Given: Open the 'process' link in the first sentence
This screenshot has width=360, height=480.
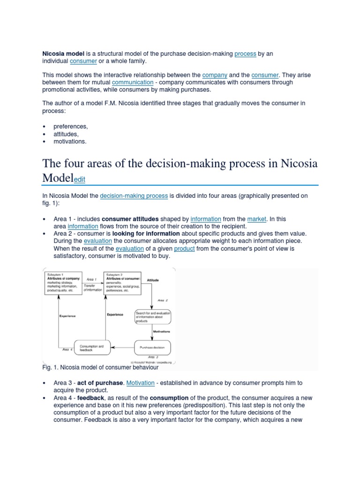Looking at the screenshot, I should (x=245, y=54).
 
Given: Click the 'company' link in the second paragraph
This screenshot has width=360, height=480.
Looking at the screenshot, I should (x=215, y=75).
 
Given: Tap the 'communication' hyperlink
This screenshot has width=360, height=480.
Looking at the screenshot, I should (x=133, y=82).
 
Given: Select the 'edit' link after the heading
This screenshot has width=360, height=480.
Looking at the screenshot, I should (x=78, y=180).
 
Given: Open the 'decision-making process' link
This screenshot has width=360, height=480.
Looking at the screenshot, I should (x=134, y=195).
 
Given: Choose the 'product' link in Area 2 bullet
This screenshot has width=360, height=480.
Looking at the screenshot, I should (x=184, y=248).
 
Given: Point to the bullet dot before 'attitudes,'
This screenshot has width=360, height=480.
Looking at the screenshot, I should (x=44, y=134).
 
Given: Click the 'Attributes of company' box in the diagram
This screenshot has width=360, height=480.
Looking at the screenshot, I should (x=63, y=283).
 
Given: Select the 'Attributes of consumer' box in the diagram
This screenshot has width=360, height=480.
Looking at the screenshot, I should (x=122, y=283).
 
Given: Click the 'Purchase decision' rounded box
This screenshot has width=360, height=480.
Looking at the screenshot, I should (x=152, y=347).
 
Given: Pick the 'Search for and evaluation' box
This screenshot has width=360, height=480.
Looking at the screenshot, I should (x=152, y=317).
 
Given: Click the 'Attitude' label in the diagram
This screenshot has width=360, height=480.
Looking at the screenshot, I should (x=153, y=280).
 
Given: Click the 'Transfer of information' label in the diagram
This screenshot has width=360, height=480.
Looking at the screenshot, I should (x=92, y=287).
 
